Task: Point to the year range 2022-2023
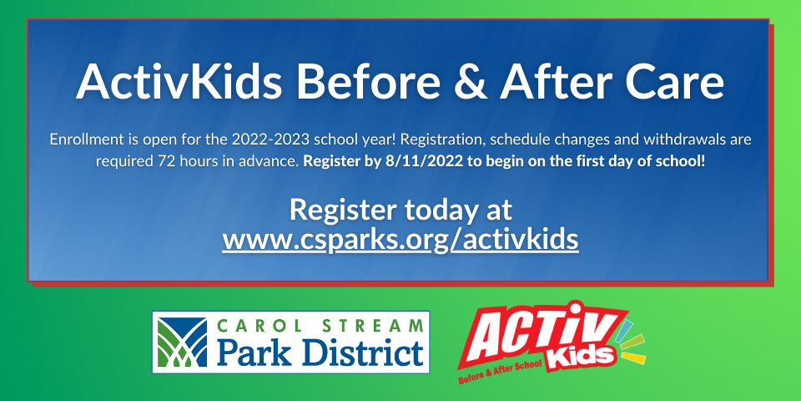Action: click(270, 140)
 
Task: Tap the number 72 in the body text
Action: click(164, 161)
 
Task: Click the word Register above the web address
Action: click(343, 211)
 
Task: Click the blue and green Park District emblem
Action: click(183, 343)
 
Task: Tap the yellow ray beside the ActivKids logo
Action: click(633, 358)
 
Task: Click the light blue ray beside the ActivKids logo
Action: click(625, 329)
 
